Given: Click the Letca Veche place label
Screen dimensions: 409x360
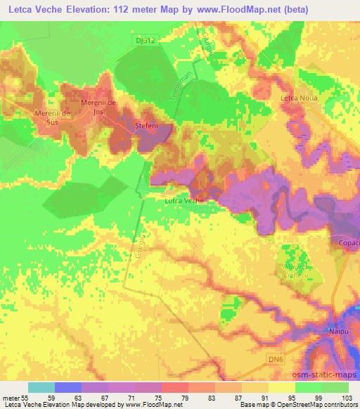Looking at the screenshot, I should point(184,201).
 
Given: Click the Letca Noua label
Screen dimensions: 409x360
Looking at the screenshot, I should point(299,97).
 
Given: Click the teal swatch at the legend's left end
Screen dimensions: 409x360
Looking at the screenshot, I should point(41,387).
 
